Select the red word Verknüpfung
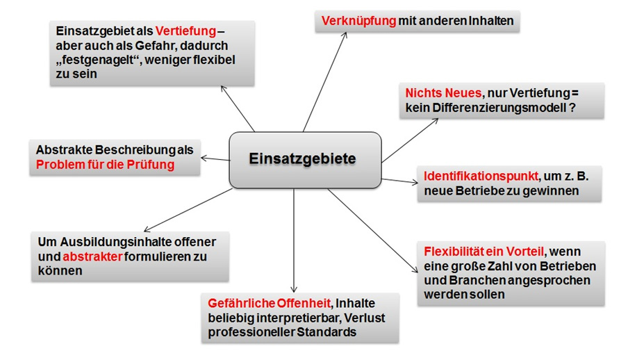pos(358,22)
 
